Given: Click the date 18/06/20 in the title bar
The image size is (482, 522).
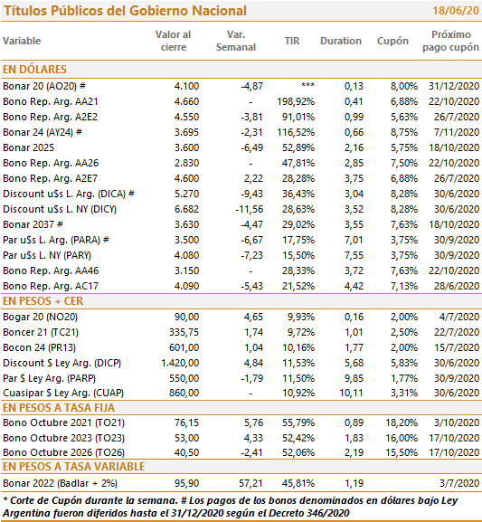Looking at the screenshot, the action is (x=456, y=11).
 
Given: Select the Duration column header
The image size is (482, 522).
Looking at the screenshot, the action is (x=341, y=41).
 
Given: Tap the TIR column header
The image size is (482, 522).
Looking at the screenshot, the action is (x=292, y=41).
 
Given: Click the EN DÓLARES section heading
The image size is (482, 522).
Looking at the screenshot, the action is (x=34, y=70).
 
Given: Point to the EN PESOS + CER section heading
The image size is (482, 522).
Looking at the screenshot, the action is (x=43, y=301).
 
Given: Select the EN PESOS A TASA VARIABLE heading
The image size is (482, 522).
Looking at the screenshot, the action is (x=73, y=467).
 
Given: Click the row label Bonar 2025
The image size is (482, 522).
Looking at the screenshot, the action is (x=28, y=147).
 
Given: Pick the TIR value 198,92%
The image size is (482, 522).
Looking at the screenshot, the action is (x=296, y=101).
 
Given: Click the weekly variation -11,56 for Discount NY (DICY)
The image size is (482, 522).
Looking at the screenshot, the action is (x=250, y=209).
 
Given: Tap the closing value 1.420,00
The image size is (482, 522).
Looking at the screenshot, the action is (x=180, y=363).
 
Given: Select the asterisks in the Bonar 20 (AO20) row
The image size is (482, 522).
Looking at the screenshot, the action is (x=307, y=85).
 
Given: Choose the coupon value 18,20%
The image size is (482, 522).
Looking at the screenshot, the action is (x=402, y=422).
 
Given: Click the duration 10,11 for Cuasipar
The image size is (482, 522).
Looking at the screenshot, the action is (x=352, y=393).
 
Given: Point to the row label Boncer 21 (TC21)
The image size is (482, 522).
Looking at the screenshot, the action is (x=41, y=332).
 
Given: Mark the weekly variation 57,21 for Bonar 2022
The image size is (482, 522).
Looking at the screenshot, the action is (x=251, y=483).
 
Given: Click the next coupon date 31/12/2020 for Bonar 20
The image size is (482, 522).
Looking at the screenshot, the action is (x=454, y=86).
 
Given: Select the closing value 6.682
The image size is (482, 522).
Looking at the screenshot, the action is (x=186, y=209).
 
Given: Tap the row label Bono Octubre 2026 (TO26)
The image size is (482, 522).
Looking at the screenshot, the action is (x=63, y=452).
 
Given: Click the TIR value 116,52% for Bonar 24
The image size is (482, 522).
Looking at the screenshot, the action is (x=296, y=132).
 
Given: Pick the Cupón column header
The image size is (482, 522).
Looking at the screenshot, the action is (x=392, y=41).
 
